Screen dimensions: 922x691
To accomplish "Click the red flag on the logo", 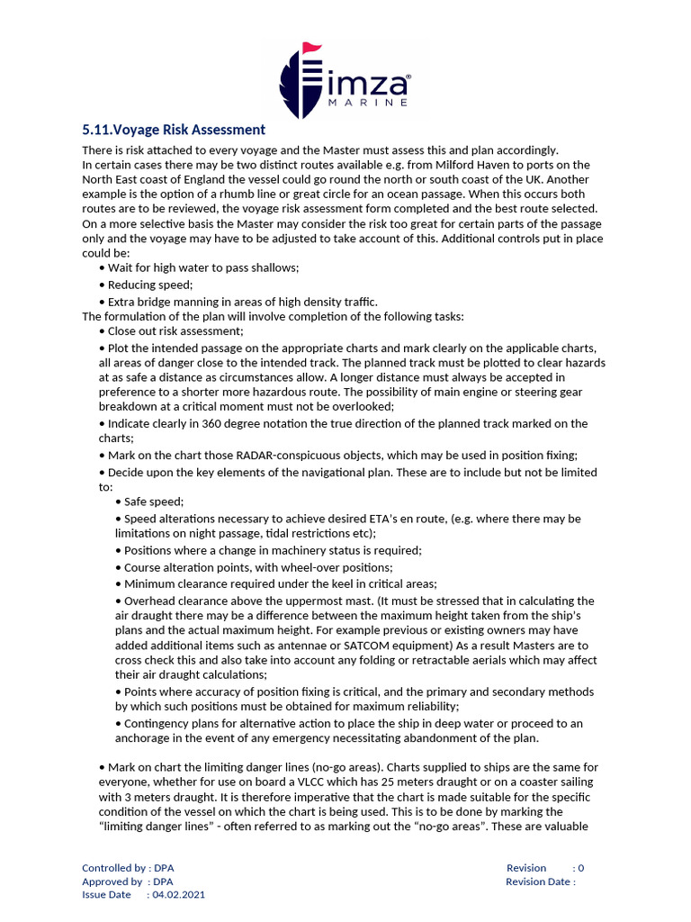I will pyautogui.click(x=311, y=47).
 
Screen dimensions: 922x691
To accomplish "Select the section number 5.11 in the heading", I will pyautogui.click(x=100, y=130).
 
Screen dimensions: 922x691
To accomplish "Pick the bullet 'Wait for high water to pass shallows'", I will pyautogui.click(x=202, y=268).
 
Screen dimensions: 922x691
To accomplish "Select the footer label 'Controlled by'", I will pyautogui.click(x=114, y=868).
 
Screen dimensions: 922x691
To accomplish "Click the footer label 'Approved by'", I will pyautogui.click(x=112, y=881).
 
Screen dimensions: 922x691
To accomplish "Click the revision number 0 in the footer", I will pyautogui.click(x=581, y=868).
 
